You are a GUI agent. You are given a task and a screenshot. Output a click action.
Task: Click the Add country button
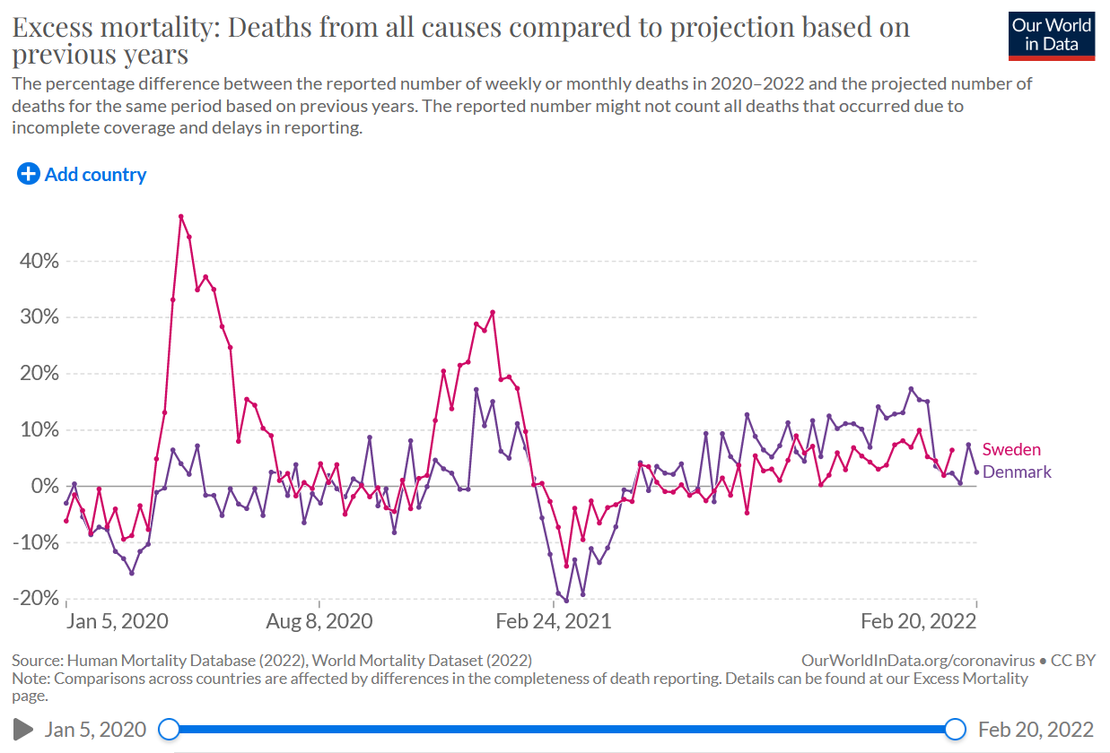click(82, 175)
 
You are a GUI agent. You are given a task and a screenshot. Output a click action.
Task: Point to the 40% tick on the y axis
click(39, 262)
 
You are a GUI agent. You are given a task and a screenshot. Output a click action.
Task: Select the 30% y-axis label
click(39, 318)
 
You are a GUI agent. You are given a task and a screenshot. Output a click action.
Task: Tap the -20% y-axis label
click(35, 599)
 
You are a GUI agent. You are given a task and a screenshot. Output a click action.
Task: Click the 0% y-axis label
click(45, 487)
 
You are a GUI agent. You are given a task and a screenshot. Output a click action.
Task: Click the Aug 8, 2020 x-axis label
click(319, 621)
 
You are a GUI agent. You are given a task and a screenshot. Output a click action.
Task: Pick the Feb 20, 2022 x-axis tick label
click(919, 621)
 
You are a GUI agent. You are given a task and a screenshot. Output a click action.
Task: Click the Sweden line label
click(1011, 450)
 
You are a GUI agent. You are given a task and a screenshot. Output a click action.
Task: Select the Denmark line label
click(1018, 472)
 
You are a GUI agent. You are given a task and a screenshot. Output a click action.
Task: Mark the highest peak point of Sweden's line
click(180, 216)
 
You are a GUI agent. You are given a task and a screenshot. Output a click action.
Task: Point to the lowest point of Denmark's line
click(566, 601)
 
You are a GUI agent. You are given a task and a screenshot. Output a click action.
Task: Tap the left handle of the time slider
click(168, 729)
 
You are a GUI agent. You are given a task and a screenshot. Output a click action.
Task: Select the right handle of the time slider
click(956, 729)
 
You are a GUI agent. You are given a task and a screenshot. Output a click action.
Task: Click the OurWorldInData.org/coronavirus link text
click(918, 661)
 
